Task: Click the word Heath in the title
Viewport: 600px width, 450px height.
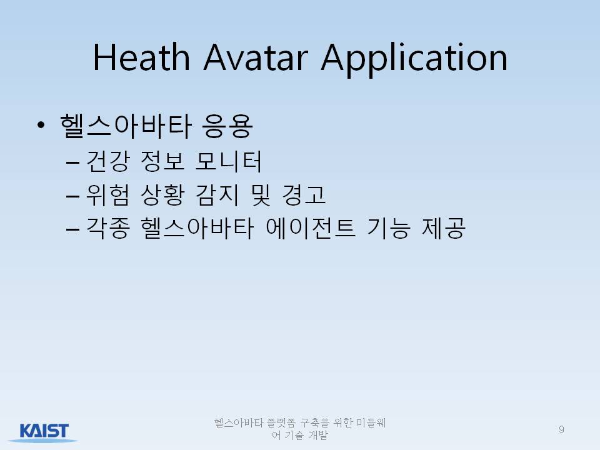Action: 141,57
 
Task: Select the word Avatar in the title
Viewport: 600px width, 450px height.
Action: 256,57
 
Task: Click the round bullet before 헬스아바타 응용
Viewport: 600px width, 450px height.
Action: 41,125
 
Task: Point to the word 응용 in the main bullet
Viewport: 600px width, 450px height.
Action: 227,126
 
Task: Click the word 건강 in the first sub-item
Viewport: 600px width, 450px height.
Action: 108,161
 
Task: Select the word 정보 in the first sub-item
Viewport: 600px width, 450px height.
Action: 162,161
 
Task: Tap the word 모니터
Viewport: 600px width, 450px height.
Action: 228,161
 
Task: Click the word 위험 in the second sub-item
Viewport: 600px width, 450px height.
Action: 108,195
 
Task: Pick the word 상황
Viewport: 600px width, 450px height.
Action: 162,195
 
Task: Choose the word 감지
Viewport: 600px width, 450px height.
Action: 217,195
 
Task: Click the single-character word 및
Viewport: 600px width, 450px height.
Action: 261,195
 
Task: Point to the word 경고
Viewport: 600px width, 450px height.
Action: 304,195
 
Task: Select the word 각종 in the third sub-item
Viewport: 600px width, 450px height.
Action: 108,229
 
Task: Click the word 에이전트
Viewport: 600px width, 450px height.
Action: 311,229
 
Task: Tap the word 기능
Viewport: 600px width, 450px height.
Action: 388,229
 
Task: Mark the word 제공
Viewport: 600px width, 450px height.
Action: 444,229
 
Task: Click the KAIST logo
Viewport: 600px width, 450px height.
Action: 43,432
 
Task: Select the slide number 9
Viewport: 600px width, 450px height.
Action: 561,429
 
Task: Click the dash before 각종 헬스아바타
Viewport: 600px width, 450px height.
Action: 72,229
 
